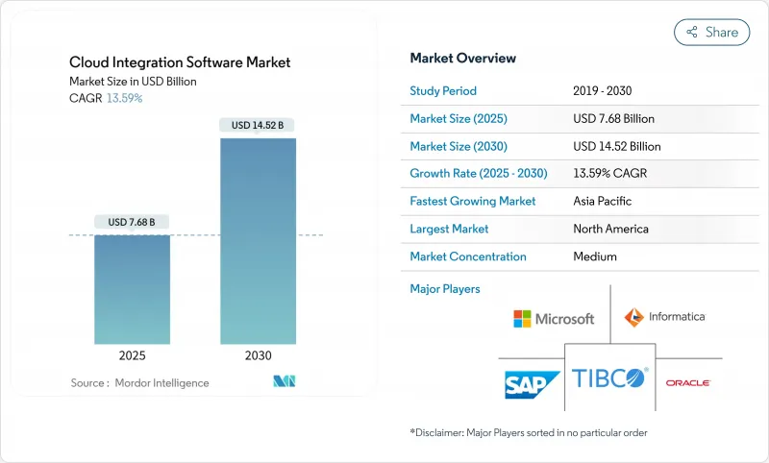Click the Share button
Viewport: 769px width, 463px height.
[711, 32]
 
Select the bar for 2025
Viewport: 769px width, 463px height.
[132, 288]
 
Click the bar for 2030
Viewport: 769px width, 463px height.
[258, 240]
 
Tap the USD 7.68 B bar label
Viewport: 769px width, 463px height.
[132, 222]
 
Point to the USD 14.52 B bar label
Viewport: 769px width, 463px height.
[258, 125]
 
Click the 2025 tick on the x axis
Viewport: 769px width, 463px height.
[132, 355]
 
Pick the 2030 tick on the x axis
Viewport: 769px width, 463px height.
[258, 355]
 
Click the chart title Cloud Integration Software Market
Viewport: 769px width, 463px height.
[180, 62]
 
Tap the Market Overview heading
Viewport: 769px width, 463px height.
[462, 59]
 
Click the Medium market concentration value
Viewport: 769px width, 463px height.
[594, 256]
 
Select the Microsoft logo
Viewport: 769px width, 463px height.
[554, 318]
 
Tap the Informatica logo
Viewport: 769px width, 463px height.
[664, 316]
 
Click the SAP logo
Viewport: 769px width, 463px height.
[533, 383]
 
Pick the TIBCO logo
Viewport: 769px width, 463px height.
[609, 378]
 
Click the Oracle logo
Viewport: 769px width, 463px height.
[687, 382]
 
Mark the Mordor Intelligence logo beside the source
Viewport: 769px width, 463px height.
[284, 381]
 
